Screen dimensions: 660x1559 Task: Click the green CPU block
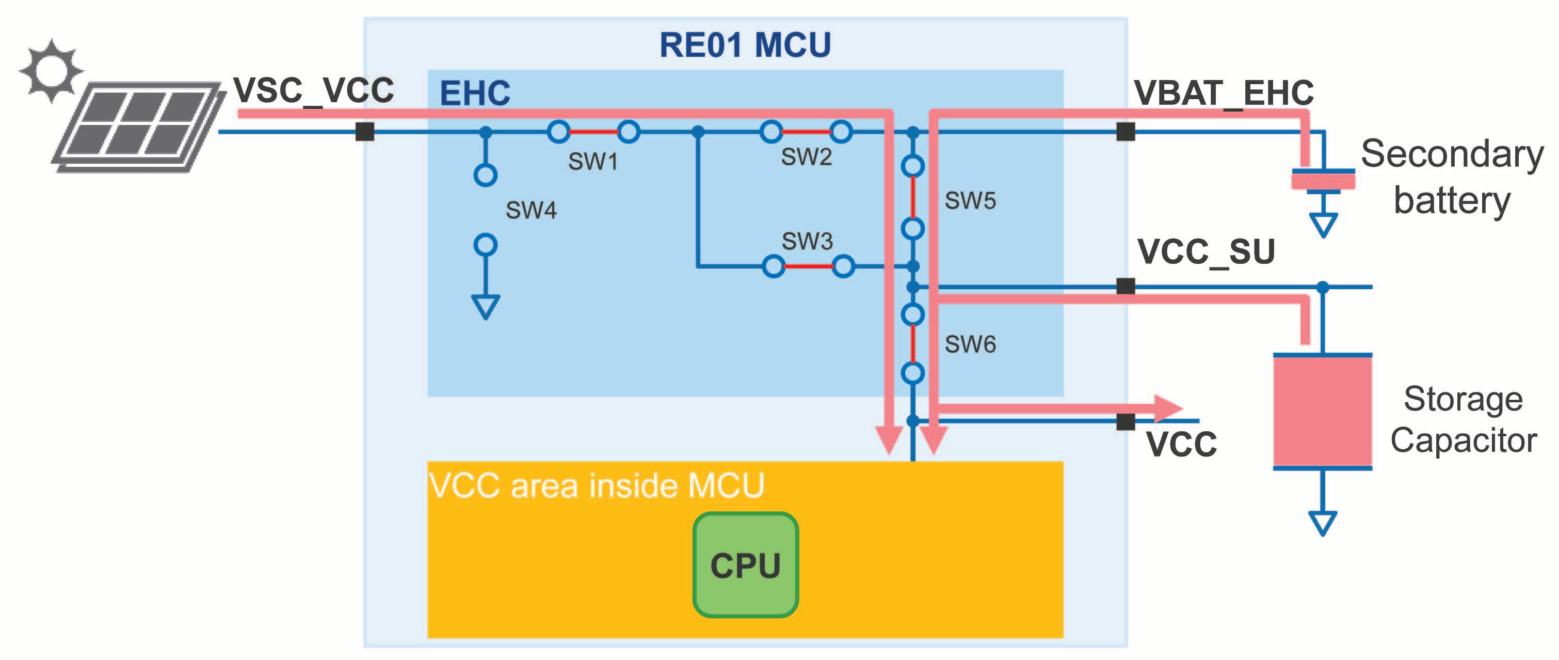pyautogui.click(x=745, y=565)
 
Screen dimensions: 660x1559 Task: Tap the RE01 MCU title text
pyautogui.click(x=745, y=45)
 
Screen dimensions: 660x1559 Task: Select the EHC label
pyautogui.click(x=475, y=93)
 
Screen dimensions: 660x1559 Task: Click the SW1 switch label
pyautogui.click(x=593, y=162)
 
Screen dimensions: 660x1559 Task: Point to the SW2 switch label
pyautogui.click(x=806, y=157)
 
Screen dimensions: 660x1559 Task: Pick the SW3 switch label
pyautogui.click(x=807, y=241)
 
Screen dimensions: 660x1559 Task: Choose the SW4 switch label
pyautogui.click(x=531, y=210)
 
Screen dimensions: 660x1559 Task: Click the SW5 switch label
pyautogui.click(x=970, y=200)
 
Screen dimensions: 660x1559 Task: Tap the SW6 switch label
pyautogui.click(x=970, y=344)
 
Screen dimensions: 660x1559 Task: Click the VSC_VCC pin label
pyautogui.click(x=313, y=91)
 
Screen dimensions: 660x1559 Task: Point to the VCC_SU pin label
pyautogui.click(x=1206, y=252)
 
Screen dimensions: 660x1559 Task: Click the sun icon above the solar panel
pyautogui.click(x=51, y=71)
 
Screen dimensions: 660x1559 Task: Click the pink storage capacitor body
pyautogui.click(x=1322, y=411)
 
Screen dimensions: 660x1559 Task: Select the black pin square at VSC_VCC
pyautogui.click(x=364, y=131)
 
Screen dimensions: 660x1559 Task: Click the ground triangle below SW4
pyautogui.click(x=486, y=306)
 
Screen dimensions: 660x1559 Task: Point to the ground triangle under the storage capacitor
pyautogui.click(x=1322, y=523)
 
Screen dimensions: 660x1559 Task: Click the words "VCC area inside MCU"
pyautogui.click(x=596, y=485)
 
